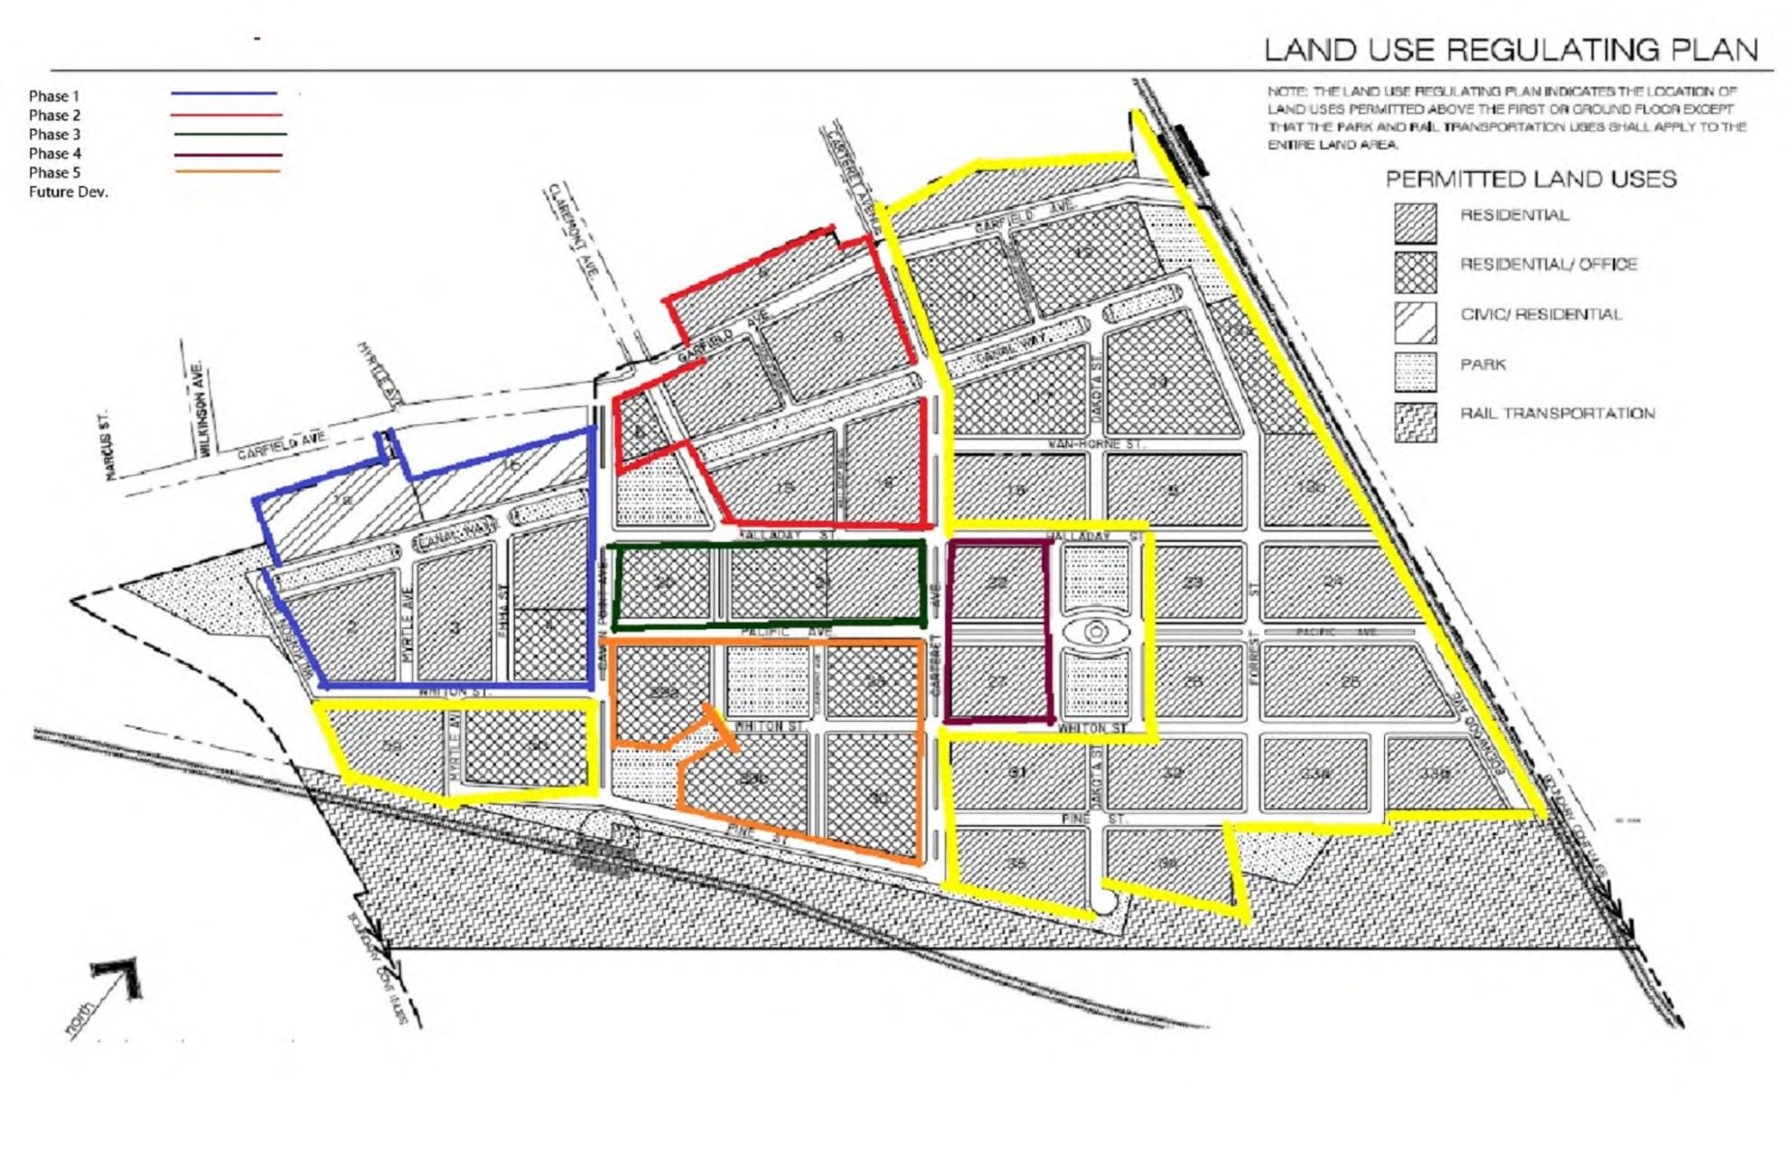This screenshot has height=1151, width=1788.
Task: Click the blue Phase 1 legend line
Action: click(224, 93)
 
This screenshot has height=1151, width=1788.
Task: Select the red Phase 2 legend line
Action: click(226, 115)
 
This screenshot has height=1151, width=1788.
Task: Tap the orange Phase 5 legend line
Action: click(228, 172)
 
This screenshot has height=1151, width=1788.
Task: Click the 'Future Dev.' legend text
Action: click(68, 192)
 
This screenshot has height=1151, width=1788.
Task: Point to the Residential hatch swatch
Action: click(1415, 222)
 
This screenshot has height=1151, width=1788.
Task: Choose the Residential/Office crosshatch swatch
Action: click(1415, 272)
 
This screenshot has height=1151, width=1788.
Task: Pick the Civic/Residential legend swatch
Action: click(1415, 322)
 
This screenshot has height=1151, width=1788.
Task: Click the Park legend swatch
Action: click(1415, 371)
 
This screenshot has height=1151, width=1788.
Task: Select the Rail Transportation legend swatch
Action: click(1415, 422)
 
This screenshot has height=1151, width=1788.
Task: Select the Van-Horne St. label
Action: click(1095, 444)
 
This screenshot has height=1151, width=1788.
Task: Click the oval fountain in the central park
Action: click(1096, 632)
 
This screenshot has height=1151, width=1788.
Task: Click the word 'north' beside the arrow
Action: click(80, 1019)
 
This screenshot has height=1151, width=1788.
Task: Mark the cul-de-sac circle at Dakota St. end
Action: click(1103, 901)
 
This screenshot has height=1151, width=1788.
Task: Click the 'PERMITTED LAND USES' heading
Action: click(1531, 179)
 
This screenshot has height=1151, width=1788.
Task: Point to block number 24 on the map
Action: click(1333, 582)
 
